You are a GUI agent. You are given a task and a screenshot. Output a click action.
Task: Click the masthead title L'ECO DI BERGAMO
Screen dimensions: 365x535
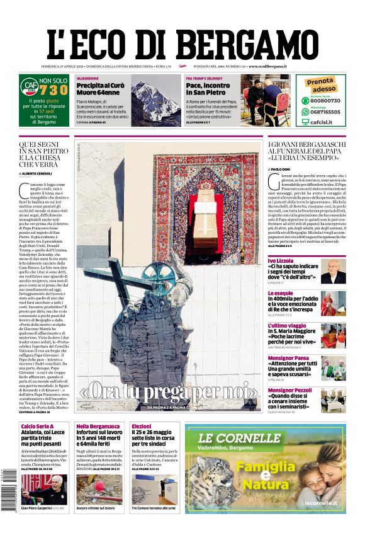tap(183, 43)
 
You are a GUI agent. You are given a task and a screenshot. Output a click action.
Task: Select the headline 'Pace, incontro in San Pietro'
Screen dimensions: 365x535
tap(208, 89)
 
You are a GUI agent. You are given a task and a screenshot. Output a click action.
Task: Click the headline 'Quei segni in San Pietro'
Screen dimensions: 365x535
tap(43, 156)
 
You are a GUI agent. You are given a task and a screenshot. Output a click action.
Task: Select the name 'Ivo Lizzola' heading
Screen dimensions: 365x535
tap(281, 260)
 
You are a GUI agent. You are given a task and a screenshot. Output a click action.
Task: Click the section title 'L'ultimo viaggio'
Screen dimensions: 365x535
tap(288, 326)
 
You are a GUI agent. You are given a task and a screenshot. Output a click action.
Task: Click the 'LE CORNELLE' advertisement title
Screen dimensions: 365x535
tap(232, 439)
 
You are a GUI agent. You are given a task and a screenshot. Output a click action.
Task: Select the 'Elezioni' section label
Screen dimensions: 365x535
tap(141, 427)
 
